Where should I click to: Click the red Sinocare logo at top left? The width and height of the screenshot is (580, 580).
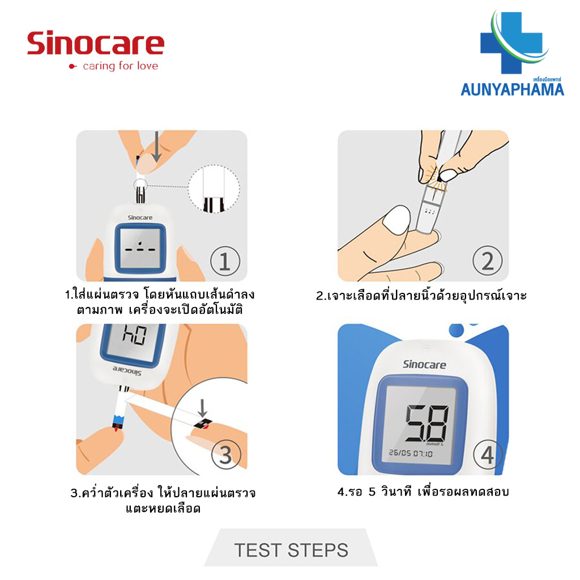pos(95,44)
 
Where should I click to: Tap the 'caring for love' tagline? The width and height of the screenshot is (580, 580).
pos(120,66)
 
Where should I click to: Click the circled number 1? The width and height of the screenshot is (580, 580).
pos(225,261)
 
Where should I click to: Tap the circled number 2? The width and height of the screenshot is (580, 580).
pos(488,261)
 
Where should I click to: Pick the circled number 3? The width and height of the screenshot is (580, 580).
pos(225,454)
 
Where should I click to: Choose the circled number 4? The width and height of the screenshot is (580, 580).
pos(488,454)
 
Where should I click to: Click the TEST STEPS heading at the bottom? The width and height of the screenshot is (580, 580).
pos(291,549)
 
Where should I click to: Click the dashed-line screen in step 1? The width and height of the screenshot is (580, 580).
pos(139,248)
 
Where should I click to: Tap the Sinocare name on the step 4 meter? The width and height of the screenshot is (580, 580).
pos(424,364)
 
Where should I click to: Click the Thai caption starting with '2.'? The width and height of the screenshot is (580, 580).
pos(421,296)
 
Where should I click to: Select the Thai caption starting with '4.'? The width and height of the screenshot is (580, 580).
pos(423,492)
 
